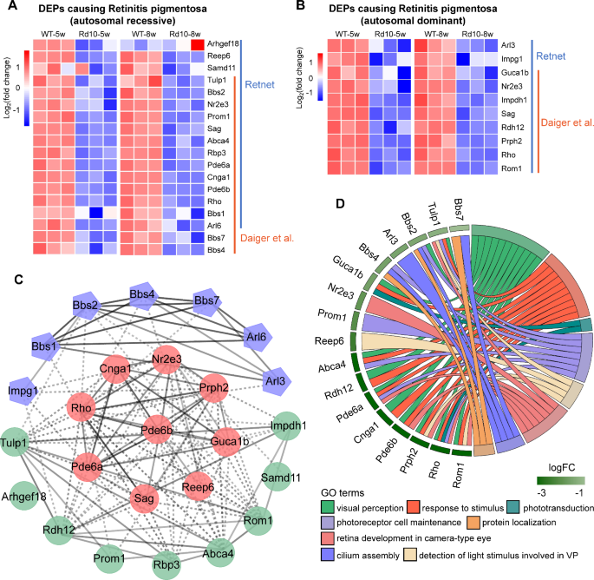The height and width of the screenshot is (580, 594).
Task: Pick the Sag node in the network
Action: click(145, 498)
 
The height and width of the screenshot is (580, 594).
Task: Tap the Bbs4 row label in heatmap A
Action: click(218, 251)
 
